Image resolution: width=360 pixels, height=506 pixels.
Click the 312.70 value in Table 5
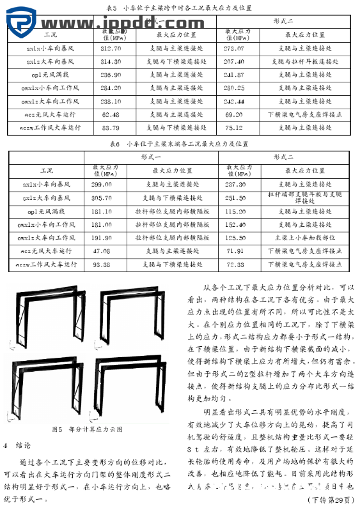tap(111, 48)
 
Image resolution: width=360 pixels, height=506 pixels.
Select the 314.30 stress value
tap(111, 61)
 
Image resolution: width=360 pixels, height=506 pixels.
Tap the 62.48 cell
tap(111, 114)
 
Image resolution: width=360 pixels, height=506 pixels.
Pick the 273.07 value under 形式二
tap(233, 48)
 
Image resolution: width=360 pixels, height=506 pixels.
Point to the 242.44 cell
tap(233, 101)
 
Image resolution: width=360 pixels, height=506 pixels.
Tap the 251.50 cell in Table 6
tap(235, 197)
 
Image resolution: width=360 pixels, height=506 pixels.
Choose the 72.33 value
tap(235, 264)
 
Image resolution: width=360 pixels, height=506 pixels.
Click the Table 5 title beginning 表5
tap(178, 8)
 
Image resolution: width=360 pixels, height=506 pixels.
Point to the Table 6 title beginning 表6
tap(178, 144)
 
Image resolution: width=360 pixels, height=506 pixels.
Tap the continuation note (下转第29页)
tap(329, 498)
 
